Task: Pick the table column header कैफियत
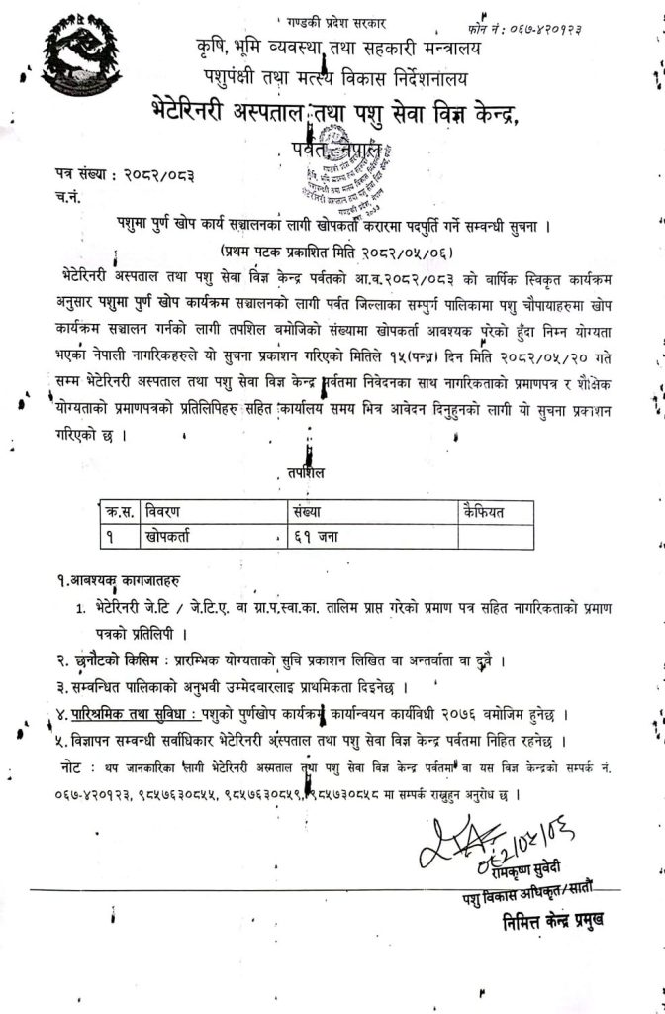pyautogui.click(x=483, y=511)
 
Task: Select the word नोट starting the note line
pyautogui.click(x=72, y=767)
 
